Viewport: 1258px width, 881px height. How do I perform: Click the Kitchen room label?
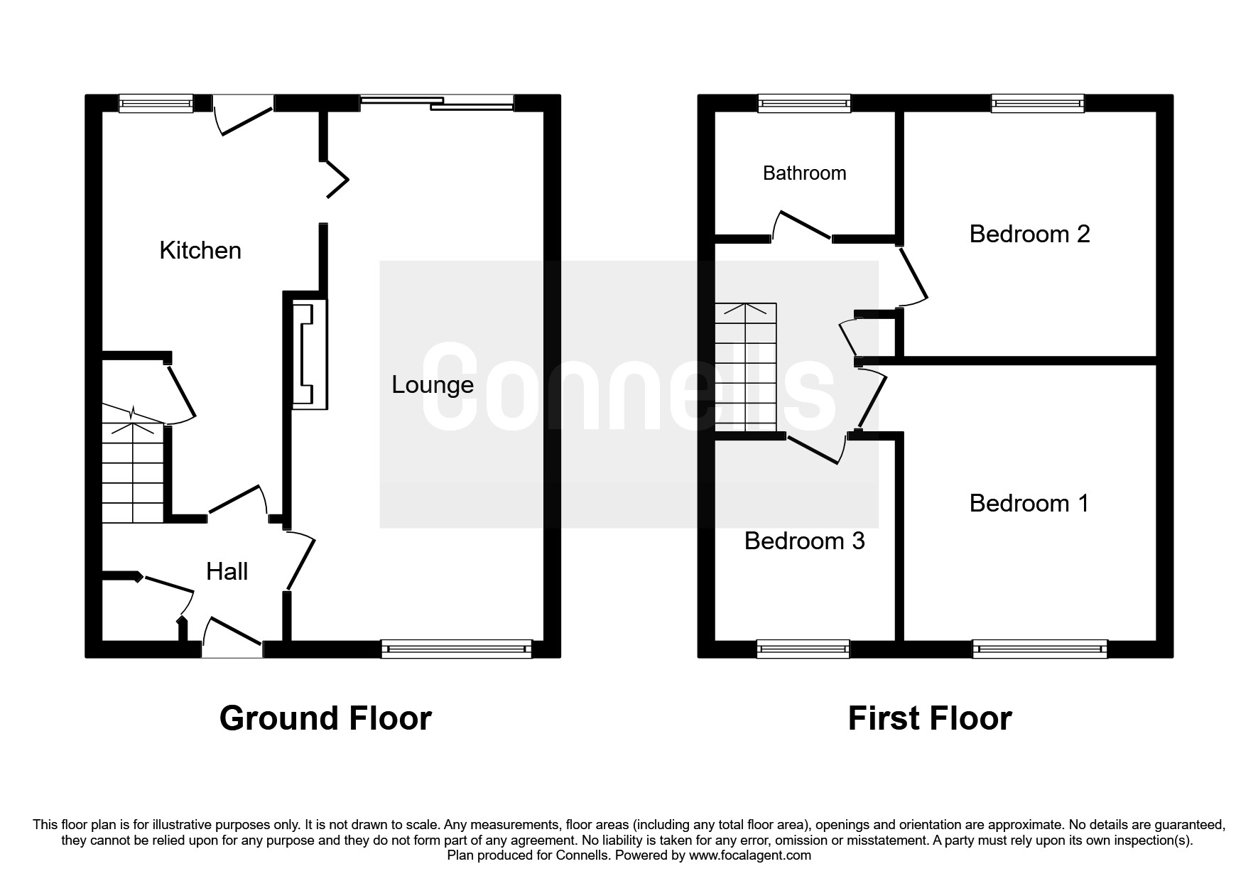point(200,250)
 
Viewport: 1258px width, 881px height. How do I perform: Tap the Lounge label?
point(433,385)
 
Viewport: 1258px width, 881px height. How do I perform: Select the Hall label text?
point(227,571)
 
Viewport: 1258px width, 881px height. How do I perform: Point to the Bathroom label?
point(804,173)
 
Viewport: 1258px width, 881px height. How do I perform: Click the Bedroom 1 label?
point(1029,503)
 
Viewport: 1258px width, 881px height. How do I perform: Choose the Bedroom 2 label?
point(1029,234)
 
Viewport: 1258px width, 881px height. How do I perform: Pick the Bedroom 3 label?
point(804,541)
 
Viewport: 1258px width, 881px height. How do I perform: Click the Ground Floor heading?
point(325,718)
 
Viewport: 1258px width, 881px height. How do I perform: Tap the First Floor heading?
point(930,718)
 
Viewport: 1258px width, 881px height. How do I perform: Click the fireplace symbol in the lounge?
point(310,354)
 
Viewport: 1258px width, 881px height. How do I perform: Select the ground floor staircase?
point(133,463)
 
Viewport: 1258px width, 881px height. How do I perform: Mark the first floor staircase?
point(746,367)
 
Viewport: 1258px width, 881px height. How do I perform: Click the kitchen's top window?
point(156,104)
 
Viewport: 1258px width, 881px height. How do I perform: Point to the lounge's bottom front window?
point(457,649)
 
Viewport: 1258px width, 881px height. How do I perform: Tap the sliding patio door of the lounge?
point(437,104)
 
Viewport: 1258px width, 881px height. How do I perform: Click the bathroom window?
point(804,104)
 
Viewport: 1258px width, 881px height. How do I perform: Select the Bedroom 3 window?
point(803,649)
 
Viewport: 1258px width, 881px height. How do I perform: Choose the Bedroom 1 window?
point(1040,649)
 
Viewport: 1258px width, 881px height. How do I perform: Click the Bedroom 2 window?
point(1038,104)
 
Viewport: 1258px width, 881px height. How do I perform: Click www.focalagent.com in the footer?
point(749,855)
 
